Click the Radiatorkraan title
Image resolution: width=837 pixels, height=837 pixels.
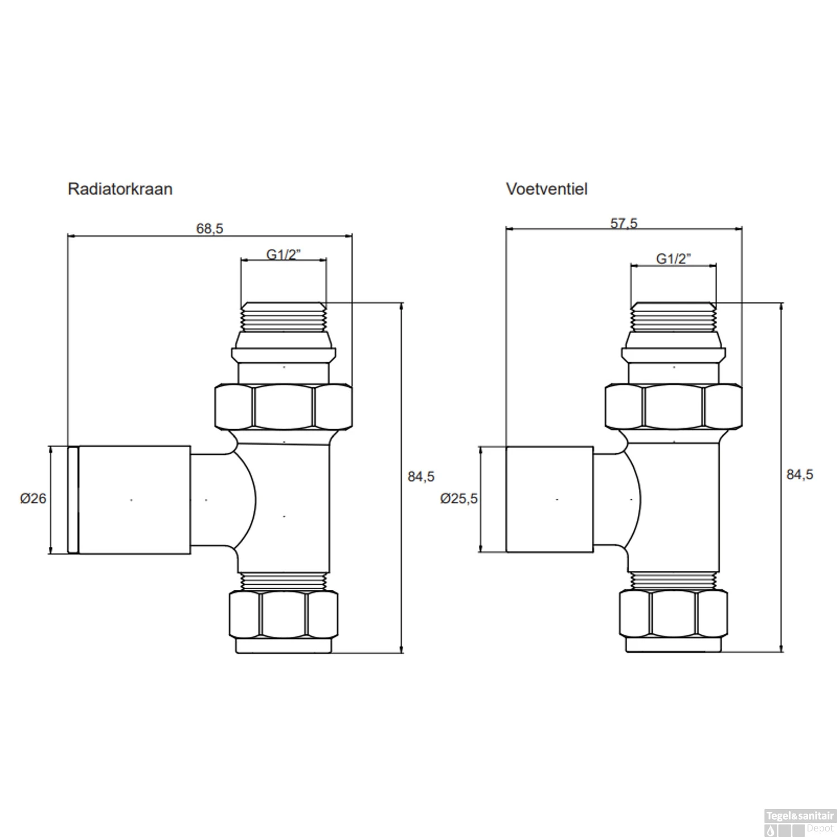coord(120,189)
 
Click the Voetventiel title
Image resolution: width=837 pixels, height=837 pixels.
coord(546,189)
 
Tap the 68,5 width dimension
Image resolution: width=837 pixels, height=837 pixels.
coord(209,229)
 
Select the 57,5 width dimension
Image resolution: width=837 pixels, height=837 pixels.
coord(623,223)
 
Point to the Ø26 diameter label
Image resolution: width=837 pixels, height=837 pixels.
coord(33,498)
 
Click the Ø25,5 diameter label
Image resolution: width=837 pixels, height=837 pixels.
coord(459,498)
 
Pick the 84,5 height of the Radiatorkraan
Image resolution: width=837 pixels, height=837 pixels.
coord(421,477)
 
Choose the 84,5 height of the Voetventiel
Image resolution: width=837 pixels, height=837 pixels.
coord(799,474)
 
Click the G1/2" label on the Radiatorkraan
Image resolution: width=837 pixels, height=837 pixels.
coord(283,254)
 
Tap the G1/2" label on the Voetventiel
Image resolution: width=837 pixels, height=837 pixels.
coord(673,258)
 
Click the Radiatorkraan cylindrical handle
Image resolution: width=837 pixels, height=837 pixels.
coord(134,500)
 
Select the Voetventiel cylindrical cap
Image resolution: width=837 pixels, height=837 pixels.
coord(549,500)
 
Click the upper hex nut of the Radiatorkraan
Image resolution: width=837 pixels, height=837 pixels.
coord(283,407)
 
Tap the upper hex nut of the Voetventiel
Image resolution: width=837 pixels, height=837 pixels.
coord(674,407)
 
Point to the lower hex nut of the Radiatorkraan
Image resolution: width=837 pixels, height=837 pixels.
coord(283,614)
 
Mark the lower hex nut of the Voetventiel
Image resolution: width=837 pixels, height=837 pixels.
coord(674,614)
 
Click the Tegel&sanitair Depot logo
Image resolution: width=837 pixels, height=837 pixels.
coord(800,822)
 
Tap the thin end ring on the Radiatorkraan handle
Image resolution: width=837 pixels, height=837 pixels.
coord(73,500)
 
